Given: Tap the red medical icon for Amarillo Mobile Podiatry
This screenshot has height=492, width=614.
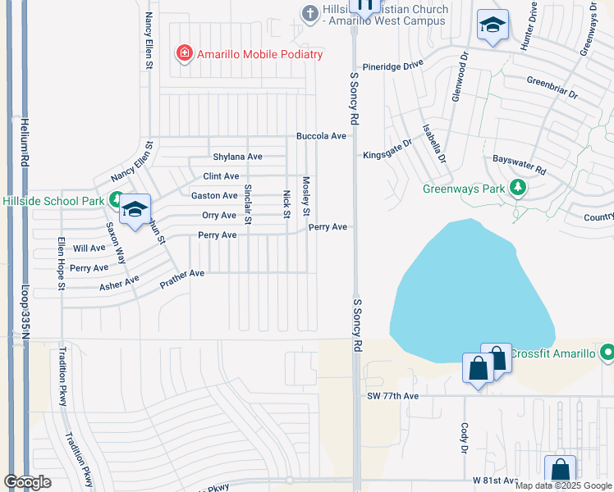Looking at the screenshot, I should coord(185,54).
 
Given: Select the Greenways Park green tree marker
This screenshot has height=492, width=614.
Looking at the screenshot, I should coord(517,189).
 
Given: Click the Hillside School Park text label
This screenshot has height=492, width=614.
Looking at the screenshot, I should coord(53,201).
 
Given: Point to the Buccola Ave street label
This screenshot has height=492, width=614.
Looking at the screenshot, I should coord(322,136).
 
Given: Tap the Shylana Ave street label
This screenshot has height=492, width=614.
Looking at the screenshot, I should coord(237,157).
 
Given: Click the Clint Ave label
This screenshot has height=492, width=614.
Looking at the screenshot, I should coord(221,176).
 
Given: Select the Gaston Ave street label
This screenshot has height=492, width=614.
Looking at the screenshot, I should coord(214,196).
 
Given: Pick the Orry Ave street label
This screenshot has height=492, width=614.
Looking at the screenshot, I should coord(218,216).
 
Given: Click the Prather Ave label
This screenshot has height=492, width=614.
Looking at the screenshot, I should coord(182,279).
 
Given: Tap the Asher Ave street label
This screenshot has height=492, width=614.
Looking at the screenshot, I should coord(119,284).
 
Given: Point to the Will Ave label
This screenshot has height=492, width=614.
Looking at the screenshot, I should coord(89,248).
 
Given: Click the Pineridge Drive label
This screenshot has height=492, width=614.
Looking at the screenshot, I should coord(393,64).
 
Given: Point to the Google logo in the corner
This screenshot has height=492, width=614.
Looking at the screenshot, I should coord(27,482).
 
